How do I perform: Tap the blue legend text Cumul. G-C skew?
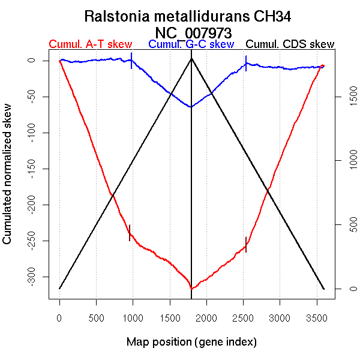tap(191, 44)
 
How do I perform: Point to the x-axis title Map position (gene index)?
tap(191, 342)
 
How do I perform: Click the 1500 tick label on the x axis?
tap(170, 316)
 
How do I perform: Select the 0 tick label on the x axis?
tap(59, 316)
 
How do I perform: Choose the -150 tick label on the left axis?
tap(38, 169)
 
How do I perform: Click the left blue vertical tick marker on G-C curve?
tap(131, 61)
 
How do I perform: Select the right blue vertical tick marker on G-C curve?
tap(246, 63)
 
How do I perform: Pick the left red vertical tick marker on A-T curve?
tap(130, 232)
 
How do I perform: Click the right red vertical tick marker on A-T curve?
tap(246, 244)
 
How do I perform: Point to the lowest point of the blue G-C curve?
tap(191, 107)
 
